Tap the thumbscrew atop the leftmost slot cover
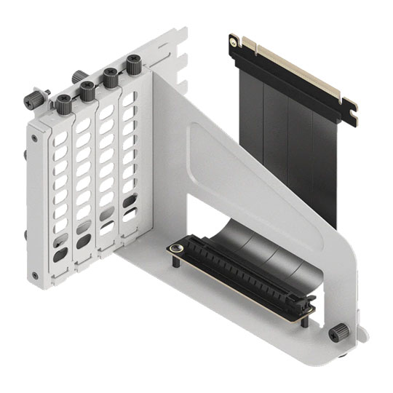tap(63, 101)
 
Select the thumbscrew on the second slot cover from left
tap(87, 90)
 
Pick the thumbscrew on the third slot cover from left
tap(111, 77)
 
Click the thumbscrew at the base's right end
tap(336, 333)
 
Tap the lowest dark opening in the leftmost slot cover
tap(57, 255)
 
